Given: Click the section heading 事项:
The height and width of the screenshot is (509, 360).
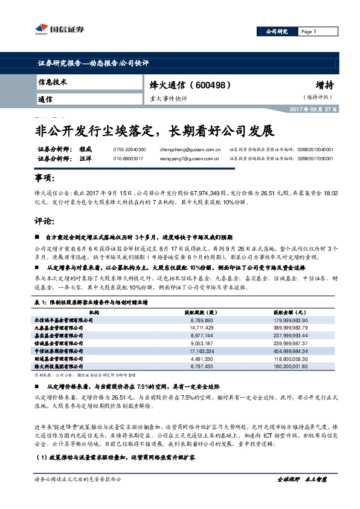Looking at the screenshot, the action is (x=45, y=179).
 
